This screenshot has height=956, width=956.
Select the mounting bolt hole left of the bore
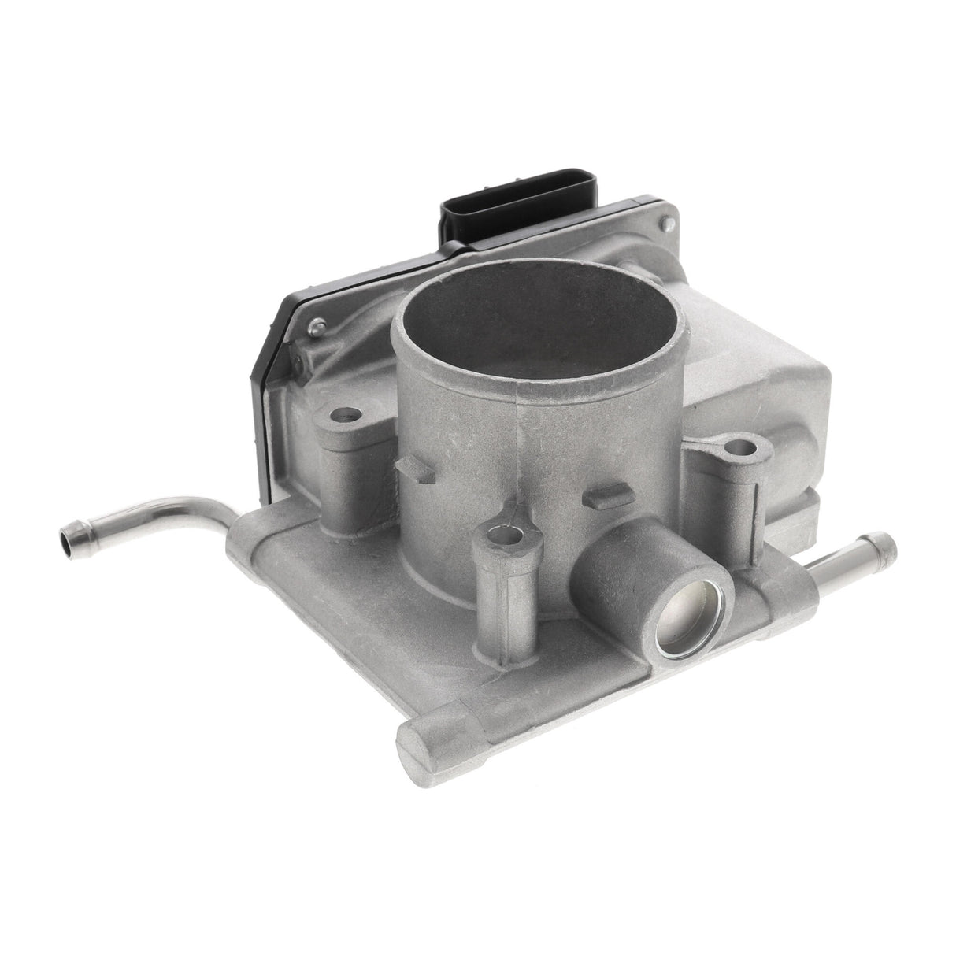click(x=345, y=413)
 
